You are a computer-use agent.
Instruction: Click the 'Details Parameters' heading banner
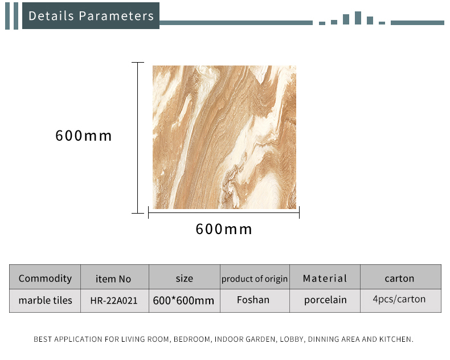pyautogui.click(x=91, y=15)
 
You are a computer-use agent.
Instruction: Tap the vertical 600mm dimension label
pyautogui.click(x=84, y=136)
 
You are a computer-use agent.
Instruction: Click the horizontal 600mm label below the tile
pyautogui.click(x=224, y=229)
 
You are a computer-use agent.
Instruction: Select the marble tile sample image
pyautogui.click(x=224, y=137)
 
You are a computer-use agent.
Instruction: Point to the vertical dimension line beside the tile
pyautogui.click(x=138, y=138)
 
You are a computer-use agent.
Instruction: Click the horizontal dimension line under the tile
pyautogui.click(x=224, y=212)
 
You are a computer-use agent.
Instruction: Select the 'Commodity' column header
pyautogui.click(x=45, y=278)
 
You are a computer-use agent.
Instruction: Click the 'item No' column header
pyautogui.click(x=113, y=279)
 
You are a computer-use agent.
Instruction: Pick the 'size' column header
pyautogui.click(x=184, y=278)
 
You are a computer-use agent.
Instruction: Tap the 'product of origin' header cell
pyautogui.click(x=255, y=279)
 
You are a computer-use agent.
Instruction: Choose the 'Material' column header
pyautogui.click(x=325, y=278)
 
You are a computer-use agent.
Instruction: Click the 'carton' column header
pyautogui.click(x=399, y=278)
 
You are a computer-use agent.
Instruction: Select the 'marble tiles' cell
pyautogui.click(x=46, y=300)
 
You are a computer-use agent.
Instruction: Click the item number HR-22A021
pyautogui.click(x=114, y=301)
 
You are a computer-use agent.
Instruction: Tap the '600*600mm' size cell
pyautogui.click(x=183, y=301)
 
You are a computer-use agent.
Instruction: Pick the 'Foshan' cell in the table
pyautogui.click(x=253, y=300)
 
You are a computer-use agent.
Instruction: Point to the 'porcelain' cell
pyautogui.click(x=325, y=300)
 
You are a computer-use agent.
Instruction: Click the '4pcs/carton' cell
pyautogui.click(x=399, y=299)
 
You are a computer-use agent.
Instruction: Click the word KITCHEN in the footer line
pyautogui.click(x=396, y=339)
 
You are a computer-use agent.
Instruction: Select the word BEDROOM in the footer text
pyautogui.click(x=192, y=339)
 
